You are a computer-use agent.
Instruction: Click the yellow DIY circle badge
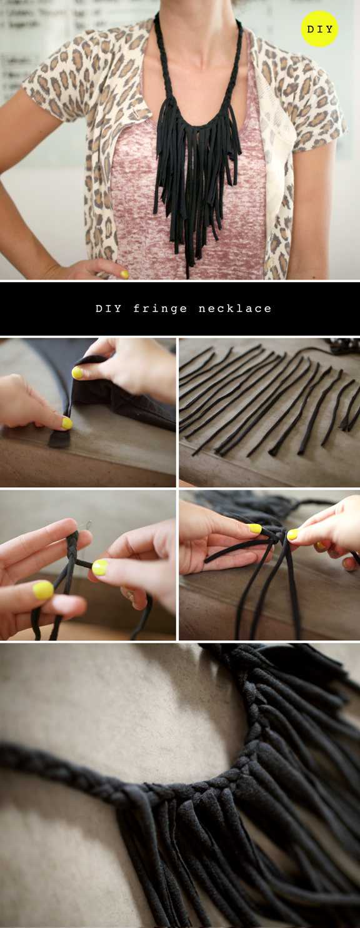[x=320, y=29]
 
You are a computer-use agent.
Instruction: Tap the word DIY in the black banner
[x=109, y=309]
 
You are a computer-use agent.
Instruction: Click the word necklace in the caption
[x=235, y=309]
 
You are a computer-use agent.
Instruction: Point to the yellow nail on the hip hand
[x=124, y=274]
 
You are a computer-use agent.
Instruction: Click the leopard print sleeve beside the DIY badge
[x=315, y=95]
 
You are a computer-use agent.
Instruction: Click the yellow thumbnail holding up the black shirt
[x=77, y=373]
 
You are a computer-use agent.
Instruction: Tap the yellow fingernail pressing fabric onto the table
[x=67, y=423]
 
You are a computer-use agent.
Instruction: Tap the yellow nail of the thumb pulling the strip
[x=100, y=567]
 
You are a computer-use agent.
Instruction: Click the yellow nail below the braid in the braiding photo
[x=43, y=590]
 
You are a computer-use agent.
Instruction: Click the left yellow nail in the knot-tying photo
[x=255, y=528]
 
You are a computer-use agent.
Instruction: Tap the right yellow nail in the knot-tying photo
[x=292, y=535]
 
